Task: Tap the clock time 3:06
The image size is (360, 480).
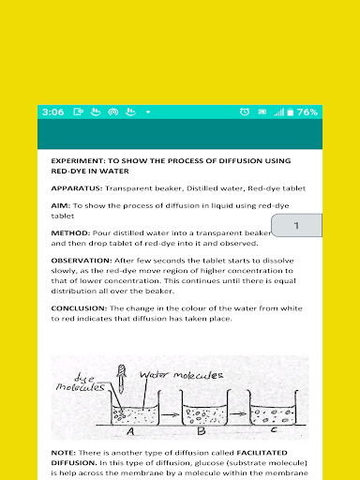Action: pyautogui.click(x=52, y=112)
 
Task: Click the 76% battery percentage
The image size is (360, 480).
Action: pyautogui.click(x=307, y=112)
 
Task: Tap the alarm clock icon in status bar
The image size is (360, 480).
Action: pyautogui.click(x=245, y=112)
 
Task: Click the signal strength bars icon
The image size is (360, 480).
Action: pyautogui.click(x=278, y=112)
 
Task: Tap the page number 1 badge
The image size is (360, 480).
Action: pyautogui.click(x=296, y=225)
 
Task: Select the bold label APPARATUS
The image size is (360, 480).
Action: pyautogui.click(x=77, y=188)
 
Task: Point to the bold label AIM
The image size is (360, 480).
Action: pyautogui.click(x=61, y=205)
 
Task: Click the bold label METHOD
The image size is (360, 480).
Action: pyautogui.click(x=70, y=233)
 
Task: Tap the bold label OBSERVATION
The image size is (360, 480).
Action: pyautogui.click(x=82, y=261)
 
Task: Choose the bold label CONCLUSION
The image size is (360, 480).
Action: pyautogui.click(x=79, y=308)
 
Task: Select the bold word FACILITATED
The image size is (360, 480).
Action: pyautogui.click(x=262, y=453)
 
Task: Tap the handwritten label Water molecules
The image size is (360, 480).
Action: pyautogui.click(x=181, y=375)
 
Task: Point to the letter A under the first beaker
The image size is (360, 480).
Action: pyautogui.click(x=130, y=431)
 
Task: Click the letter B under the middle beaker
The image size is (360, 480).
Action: pyautogui.click(x=202, y=431)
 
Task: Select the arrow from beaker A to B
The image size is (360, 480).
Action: pyautogui.click(x=171, y=414)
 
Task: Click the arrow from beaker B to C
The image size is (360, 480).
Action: pyautogui.click(x=238, y=413)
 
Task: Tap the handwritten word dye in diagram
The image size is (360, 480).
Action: pyautogui.click(x=83, y=379)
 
